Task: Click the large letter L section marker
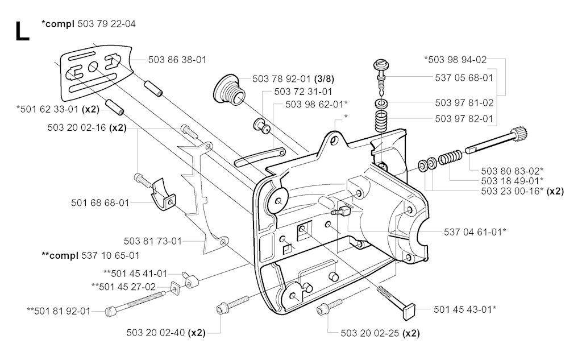22,32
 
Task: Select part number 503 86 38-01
177,59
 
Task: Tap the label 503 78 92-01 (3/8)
277,80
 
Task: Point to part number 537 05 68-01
464,77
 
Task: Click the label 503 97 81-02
464,103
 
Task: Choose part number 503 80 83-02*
512,170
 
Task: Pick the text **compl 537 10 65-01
90,255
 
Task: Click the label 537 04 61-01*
475,231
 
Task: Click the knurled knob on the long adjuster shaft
519,135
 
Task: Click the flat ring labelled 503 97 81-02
381,105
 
